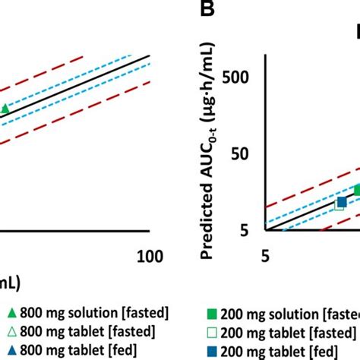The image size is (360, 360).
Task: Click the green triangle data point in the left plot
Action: pyautogui.click(x=5, y=109)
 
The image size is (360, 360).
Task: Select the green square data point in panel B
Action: pyautogui.click(x=357, y=190)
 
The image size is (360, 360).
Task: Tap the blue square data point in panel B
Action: pyautogui.click(x=342, y=201)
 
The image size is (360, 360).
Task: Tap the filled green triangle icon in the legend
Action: pyautogui.click(x=11, y=313)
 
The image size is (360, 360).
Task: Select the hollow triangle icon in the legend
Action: pyautogui.click(x=11, y=331)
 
